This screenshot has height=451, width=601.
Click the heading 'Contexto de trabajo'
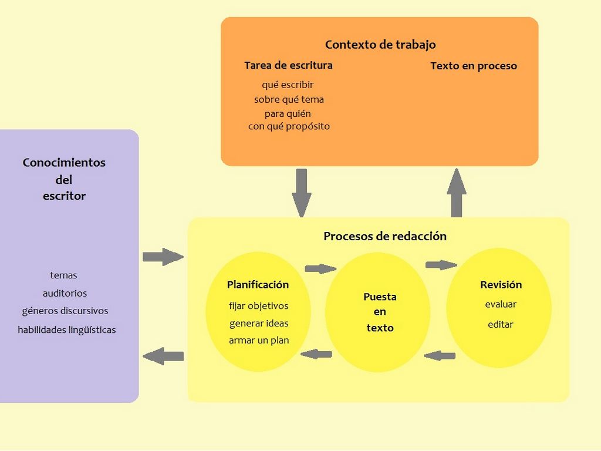pyautogui.click(x=380, y=45)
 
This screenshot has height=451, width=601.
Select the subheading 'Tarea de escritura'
pyautogui.click(x=288, y=65)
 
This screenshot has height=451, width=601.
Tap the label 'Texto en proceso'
pyautogui.click(x=474, y=66)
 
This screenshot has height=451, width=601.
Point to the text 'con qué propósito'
pyautogui.click(x=289, y=126)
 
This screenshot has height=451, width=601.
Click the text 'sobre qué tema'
pyautogui.click(x=289, y=99)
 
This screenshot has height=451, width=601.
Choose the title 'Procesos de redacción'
pyautogui.click(x=385, y=236)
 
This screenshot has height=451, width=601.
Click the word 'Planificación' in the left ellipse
pyautogui.click(x=258, y=285)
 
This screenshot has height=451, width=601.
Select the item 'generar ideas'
pyautogui.click(x=259, y=324)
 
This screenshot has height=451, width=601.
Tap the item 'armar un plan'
pyautogui.click(x=259, y=341)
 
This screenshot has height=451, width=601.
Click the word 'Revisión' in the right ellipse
pyautogui.click(x=501, y=285)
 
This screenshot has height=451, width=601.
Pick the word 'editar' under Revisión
pyautogui.click(x=501, y=324)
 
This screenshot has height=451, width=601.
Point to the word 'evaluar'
pyautogui.click(x=501, y=304)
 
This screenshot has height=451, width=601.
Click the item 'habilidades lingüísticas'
pyautogui.click(x=67, y=330)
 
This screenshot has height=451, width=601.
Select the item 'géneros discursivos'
pyautogui.click(x=65, y=311)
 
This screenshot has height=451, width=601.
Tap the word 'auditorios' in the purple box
pyautogui.click(x=65, y=293)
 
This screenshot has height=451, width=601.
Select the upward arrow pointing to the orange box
pyautogui.click(x=456, y=193)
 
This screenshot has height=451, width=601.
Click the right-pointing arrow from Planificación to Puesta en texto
pyautogui.click(x=320, y=269)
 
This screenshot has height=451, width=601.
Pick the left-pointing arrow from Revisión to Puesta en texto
pyautogui.click(x=440, y=355)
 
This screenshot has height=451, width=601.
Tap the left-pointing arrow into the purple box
pyautogui.click(x=163, y=356)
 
